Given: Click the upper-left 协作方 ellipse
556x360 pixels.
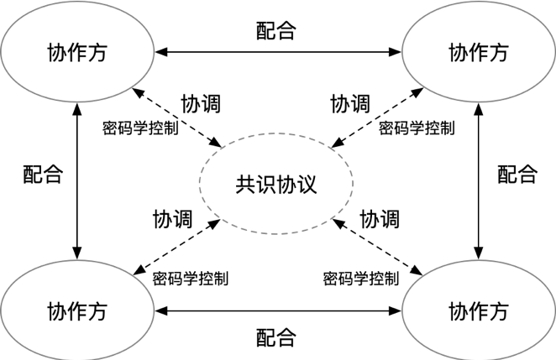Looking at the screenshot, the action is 78,52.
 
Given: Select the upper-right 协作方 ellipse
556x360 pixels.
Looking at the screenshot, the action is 479,52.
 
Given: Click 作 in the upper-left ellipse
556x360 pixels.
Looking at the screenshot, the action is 78,54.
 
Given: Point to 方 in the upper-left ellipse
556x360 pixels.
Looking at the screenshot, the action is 98,54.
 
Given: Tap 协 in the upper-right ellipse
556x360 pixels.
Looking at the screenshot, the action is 459,54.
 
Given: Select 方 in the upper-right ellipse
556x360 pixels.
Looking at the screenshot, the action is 499,54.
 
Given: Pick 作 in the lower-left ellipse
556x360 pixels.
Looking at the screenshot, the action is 78,311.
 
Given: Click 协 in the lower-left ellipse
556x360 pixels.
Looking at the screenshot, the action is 58,311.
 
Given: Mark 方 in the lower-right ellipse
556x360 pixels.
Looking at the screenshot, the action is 499,311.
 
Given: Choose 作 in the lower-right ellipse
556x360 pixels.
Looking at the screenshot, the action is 479,311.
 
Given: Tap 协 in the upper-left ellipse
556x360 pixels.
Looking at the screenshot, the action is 58,54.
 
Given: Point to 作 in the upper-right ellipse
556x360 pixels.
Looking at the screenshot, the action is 479,54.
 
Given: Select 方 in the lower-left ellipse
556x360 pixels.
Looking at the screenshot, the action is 98,311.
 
